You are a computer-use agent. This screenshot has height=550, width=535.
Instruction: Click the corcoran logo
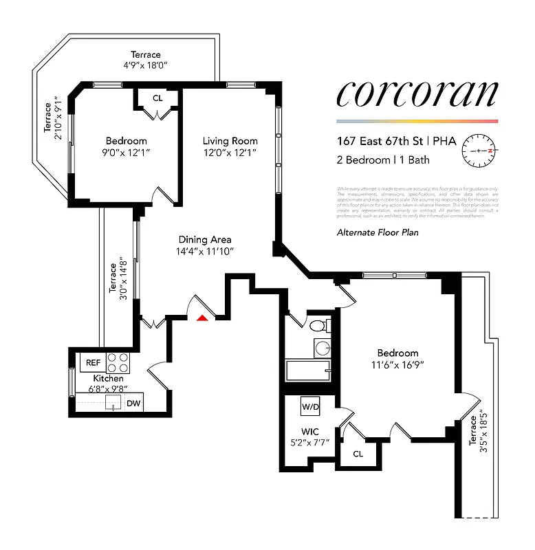tap(416, 94)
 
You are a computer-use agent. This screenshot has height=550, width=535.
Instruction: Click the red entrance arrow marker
tap(202, 318)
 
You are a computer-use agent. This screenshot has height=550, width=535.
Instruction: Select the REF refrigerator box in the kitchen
tap(91, 362)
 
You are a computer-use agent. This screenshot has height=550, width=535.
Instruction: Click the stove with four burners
tap(118, 362)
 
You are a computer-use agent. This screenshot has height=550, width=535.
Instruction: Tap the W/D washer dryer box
tap(310, 406)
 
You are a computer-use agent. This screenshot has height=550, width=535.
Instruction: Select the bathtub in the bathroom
tap(308, 372)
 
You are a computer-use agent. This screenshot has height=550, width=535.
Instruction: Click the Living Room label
tap(230, 141)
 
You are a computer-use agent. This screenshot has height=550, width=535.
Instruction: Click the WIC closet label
tap(310, 432)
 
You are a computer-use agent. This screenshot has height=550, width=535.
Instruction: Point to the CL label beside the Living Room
tap(157, 98)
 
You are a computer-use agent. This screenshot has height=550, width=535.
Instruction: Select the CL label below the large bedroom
tap(358, 454)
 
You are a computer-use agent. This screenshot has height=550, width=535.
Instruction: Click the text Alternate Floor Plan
tap(377, 232)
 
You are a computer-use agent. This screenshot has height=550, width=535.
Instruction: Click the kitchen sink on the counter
tap(113, 404)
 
